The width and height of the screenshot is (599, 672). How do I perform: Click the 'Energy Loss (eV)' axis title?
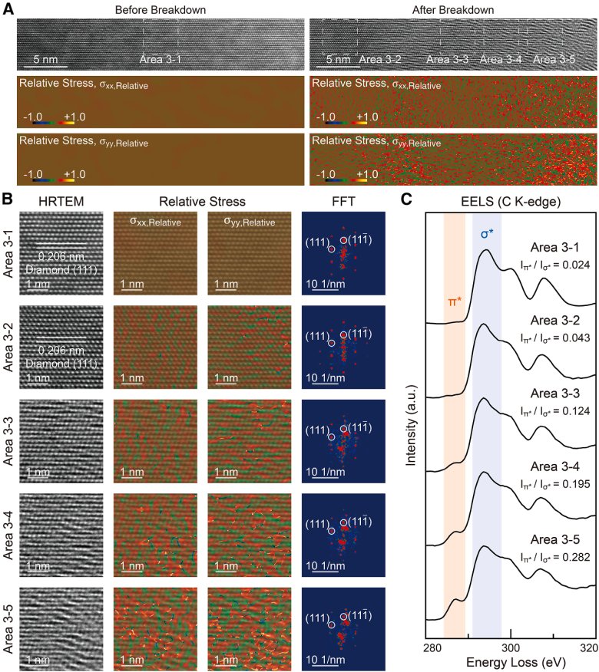510,663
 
